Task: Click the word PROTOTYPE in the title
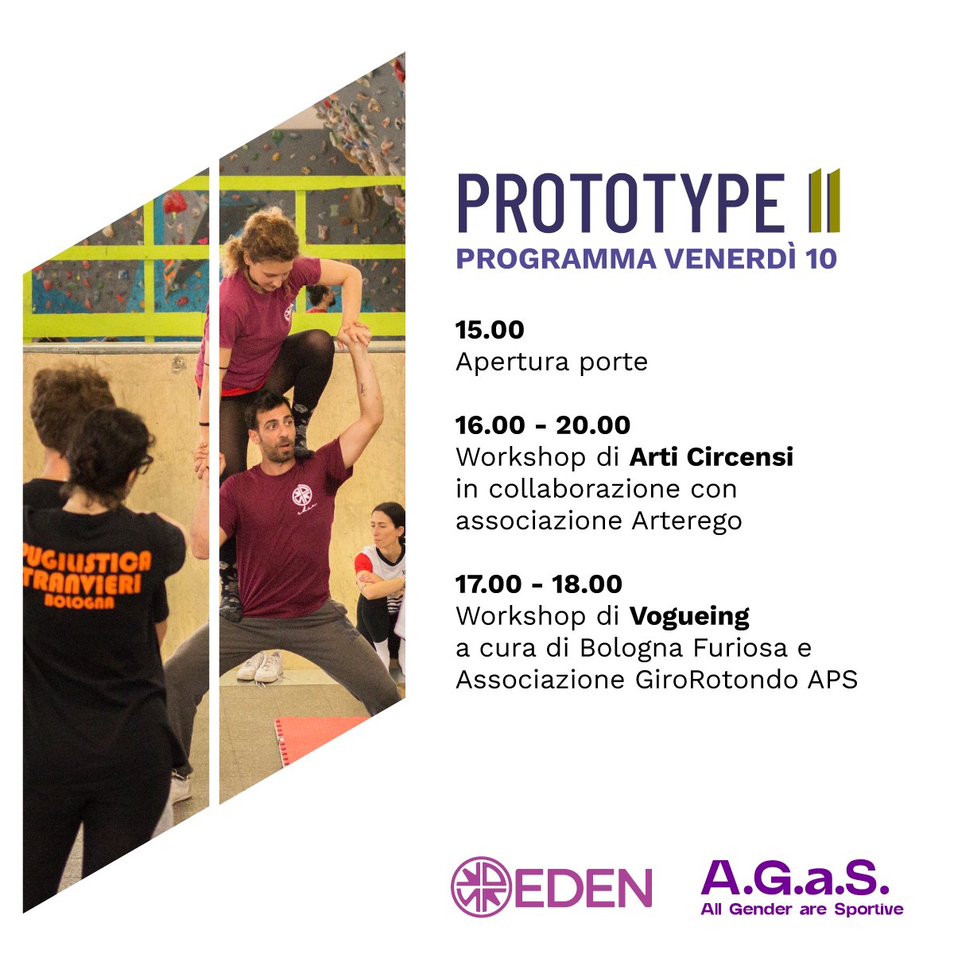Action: (621, 203)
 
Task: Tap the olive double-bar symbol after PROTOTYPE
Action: (824, 200)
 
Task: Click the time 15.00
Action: (490, 330)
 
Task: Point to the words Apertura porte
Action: (552, 363)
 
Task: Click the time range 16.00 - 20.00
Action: (543, 425)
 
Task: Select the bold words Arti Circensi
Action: (711, 457)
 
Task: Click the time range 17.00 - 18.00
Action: (539, 584)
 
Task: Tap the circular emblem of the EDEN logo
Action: (481, 886)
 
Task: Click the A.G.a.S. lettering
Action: (795, 876)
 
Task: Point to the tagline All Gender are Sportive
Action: (802, 909)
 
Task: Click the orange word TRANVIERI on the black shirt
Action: (83, 584)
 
